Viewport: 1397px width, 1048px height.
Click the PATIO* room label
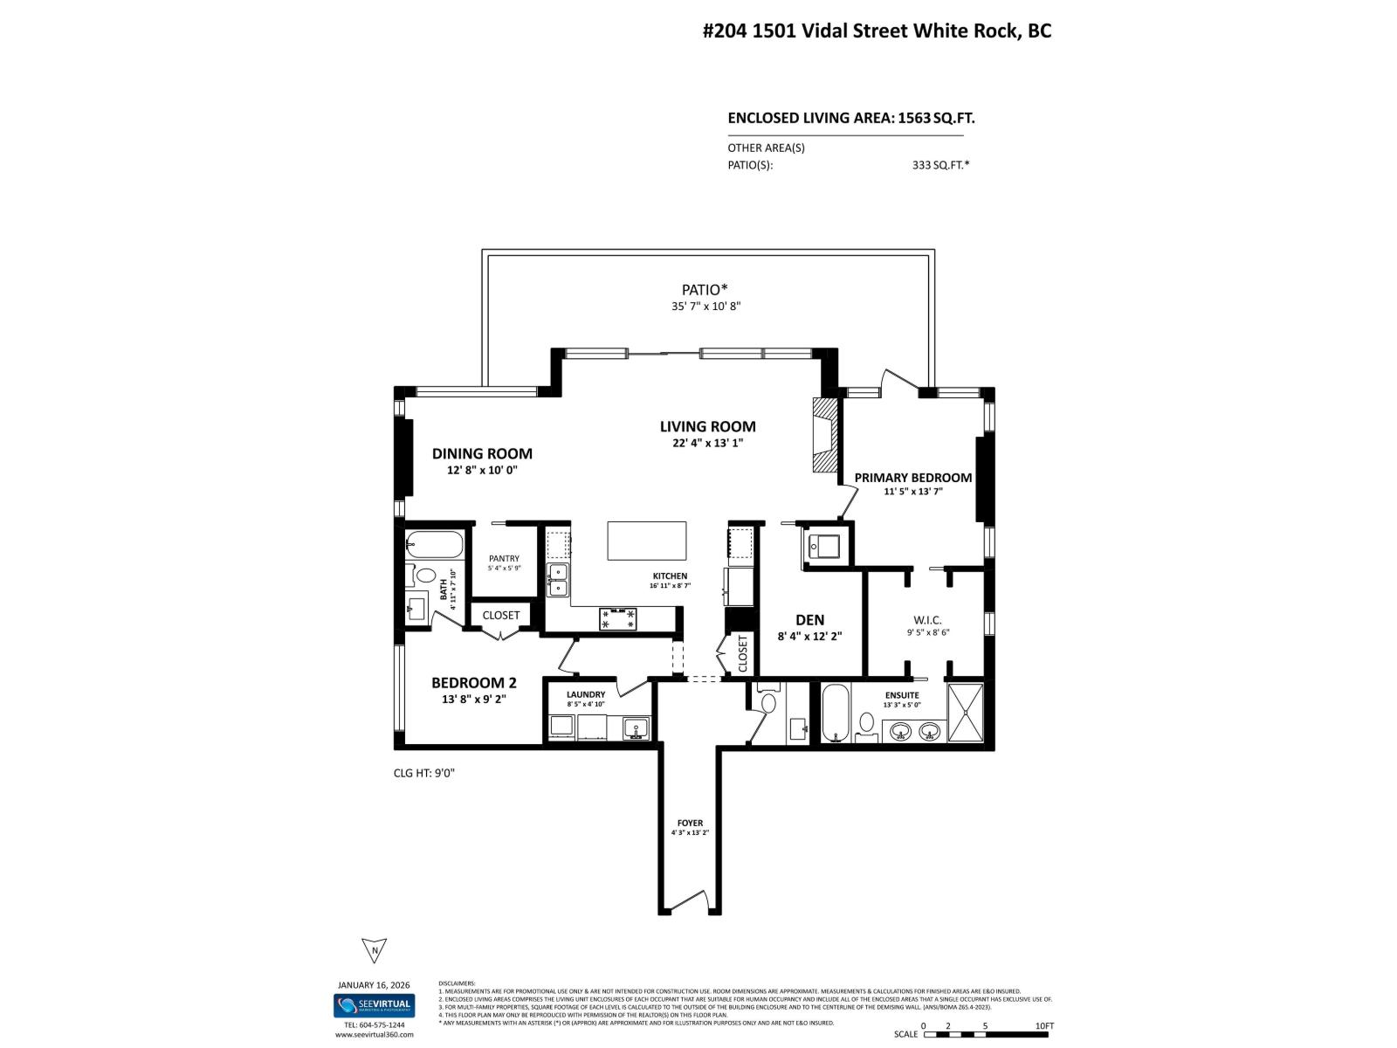coord(705,290)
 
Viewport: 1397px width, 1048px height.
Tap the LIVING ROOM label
coord(707,426)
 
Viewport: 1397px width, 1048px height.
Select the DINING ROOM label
coord(482,453)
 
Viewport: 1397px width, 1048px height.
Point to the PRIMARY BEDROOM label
coord(912,478)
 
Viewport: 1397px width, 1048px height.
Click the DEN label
coord(809,620)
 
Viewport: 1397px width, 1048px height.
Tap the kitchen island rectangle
coord(647,541)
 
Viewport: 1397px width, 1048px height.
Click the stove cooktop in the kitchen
coord(617,618)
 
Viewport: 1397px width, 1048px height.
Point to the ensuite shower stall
coord(966,713)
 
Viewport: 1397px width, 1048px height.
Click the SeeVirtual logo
coord(374,1005)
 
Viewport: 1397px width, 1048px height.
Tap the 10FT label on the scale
coord(1043,1026)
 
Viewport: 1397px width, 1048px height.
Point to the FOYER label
coord(690,823)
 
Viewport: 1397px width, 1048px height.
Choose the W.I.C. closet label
coord(928,620)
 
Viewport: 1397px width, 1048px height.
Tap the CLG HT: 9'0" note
coord(424,773)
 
